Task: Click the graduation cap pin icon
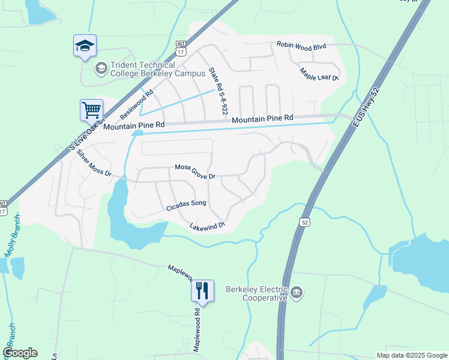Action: [85, 46]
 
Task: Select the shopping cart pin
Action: [91, 110]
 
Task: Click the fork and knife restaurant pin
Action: [202, 291]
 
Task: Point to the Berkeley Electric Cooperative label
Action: [257, 293]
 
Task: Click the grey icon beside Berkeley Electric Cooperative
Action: [297, 293]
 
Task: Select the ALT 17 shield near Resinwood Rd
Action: [181, 47]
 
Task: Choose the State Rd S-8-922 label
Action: [218, 91]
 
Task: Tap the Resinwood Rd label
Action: [137, 104]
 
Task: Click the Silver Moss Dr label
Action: [94, 163]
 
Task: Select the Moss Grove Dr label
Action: [194, 172]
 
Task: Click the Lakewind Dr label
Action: [206, 226]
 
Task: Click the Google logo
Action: [20, 353]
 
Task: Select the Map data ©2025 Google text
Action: [411, 355]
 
